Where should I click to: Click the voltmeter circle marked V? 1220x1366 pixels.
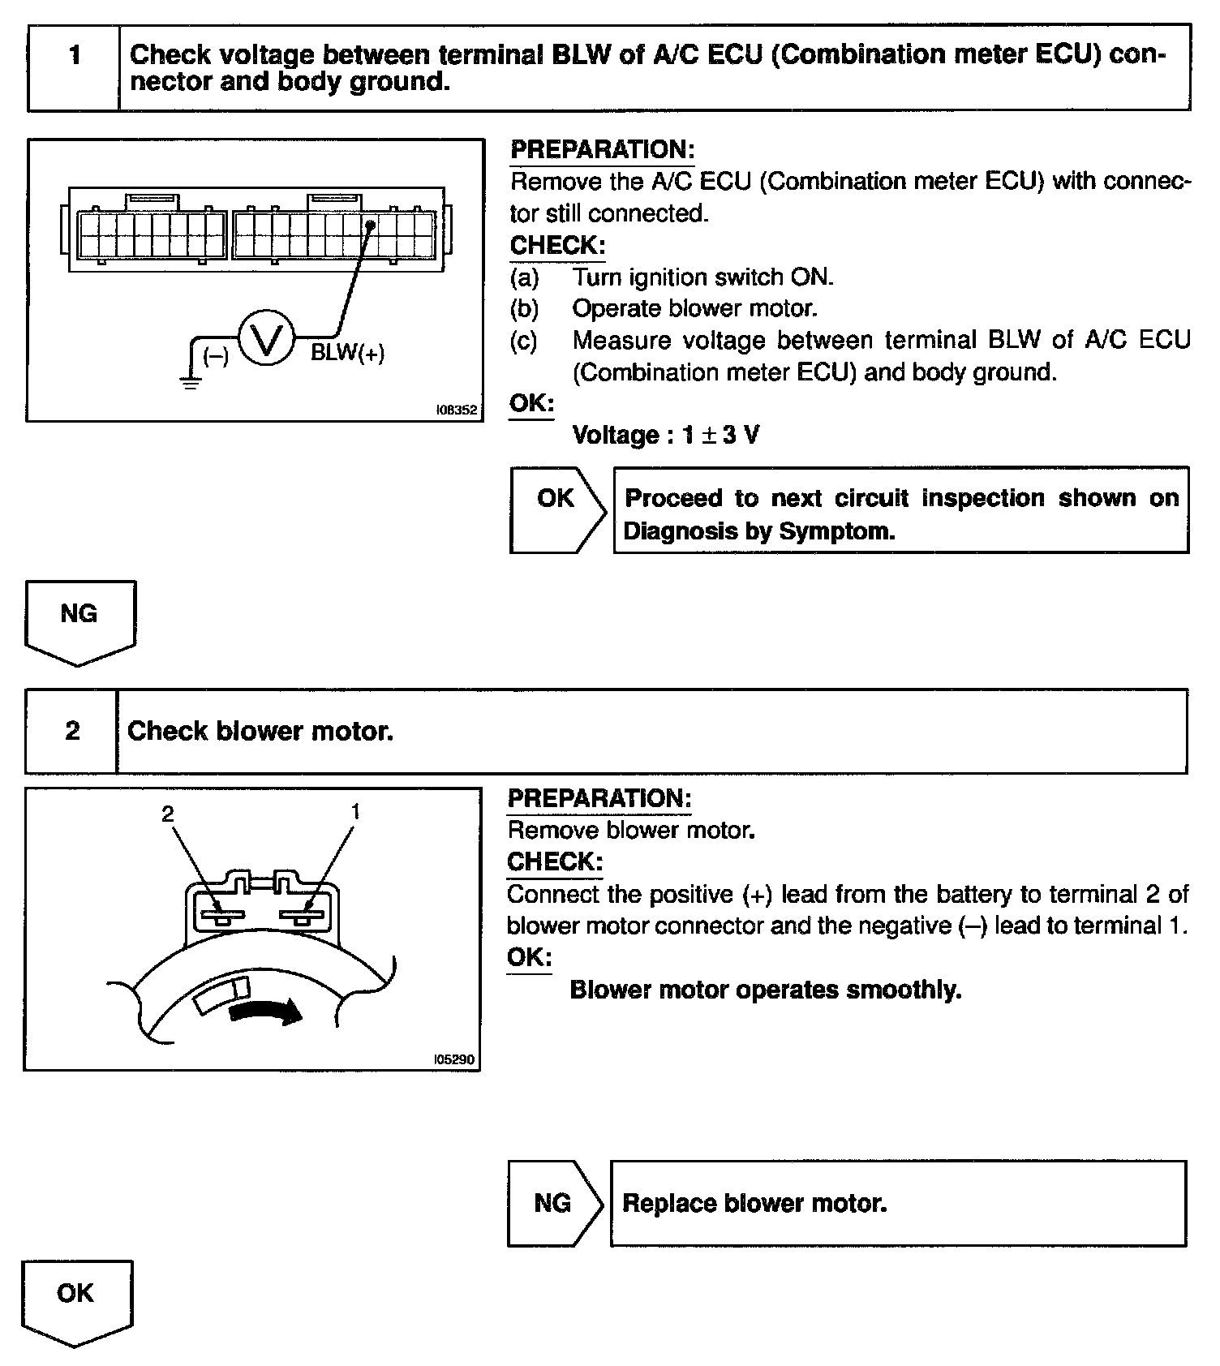pyautogui.click(x=267, y=339)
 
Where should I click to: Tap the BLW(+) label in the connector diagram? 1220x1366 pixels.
pyautogui.click(x=347, y=353)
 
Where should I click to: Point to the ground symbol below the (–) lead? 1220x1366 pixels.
pyautogui.click(x=191, y=382)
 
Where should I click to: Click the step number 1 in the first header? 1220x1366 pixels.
pyautogui.click(x=75, y=56)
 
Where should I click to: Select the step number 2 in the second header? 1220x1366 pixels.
pyautogui.click(x=72, y=731)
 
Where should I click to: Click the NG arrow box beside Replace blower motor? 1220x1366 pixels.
pyautogui.click(x=553, y=1203)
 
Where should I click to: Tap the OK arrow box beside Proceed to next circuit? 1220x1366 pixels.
pyautogui.click(x=556, y=499)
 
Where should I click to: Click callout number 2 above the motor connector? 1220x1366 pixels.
pyautogui.click(x=168, y=814)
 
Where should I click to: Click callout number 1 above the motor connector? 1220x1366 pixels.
pyautogui.click(x=354, y=811)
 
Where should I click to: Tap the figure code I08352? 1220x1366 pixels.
pyautogui.click(x=457, y=410)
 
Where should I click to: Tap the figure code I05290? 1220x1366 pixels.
pyautogui.click(x=454, y=1059)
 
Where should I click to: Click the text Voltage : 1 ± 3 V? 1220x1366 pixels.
pyautogui.click(x=665, y=436)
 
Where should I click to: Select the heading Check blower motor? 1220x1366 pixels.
pyautogui.click(x=260, y=732)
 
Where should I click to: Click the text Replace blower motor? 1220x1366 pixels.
pyautogui.click(x=754, y=1203)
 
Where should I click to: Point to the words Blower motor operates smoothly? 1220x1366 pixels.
pyautogui.click(x=765, y=990)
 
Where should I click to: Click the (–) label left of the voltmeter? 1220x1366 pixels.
pyautogui.click(x=216, y=355)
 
